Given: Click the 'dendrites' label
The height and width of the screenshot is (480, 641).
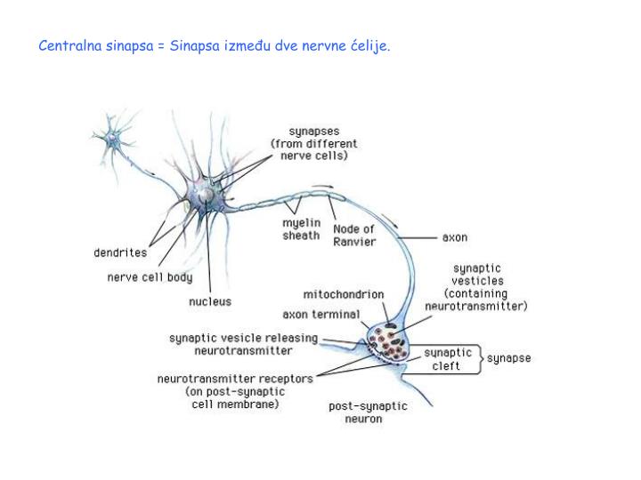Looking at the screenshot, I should [120, 252].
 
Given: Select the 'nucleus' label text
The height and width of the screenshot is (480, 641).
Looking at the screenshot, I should [209, 301].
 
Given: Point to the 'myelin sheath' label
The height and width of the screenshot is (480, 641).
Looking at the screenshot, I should [301, 229].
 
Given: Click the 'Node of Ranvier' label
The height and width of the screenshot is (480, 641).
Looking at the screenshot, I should [354, 235].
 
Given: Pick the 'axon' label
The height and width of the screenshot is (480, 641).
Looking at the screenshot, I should [455, 238].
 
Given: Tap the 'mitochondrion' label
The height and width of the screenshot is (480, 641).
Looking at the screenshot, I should [344, 294].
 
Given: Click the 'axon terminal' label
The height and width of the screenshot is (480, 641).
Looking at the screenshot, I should [321, 314].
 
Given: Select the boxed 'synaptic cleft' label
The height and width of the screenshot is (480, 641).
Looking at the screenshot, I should [446, 359].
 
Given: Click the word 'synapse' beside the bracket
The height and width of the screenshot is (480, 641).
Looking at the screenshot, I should [508, 358].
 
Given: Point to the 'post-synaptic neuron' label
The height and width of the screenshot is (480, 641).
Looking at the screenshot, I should [368, 412].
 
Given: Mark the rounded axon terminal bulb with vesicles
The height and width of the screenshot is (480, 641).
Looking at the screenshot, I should [387, 342].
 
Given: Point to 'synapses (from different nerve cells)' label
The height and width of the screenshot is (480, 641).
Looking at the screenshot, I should [314, 142].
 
